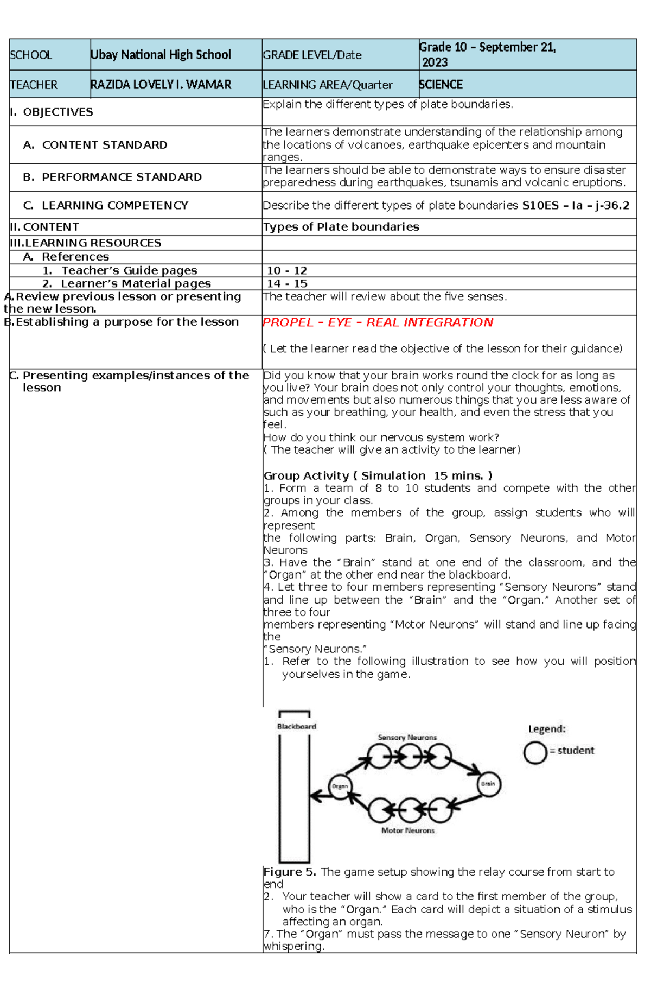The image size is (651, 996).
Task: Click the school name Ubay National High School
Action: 161,55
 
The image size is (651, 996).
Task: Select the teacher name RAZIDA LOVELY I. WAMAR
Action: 161,85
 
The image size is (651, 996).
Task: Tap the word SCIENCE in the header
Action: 441,85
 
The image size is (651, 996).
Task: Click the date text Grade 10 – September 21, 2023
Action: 487,54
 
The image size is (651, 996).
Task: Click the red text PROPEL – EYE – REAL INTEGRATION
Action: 378,322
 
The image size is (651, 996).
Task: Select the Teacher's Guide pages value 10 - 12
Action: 286,270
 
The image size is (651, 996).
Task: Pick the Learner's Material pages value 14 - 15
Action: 286,283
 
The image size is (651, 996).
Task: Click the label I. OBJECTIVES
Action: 52,112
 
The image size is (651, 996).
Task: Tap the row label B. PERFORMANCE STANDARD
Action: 112,177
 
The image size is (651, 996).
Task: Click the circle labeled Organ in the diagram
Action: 340,786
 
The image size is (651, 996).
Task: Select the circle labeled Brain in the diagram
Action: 488,784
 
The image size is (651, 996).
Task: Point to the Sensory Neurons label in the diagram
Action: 407,738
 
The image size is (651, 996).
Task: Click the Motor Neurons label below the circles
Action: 407,830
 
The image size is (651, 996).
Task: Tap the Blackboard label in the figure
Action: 296,726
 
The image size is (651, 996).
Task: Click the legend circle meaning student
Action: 535,752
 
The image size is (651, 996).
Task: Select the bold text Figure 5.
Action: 289,872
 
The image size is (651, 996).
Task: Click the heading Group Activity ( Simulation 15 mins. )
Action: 378,476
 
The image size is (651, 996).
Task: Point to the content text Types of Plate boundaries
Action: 341,227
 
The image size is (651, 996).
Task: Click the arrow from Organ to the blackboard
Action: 320,796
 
